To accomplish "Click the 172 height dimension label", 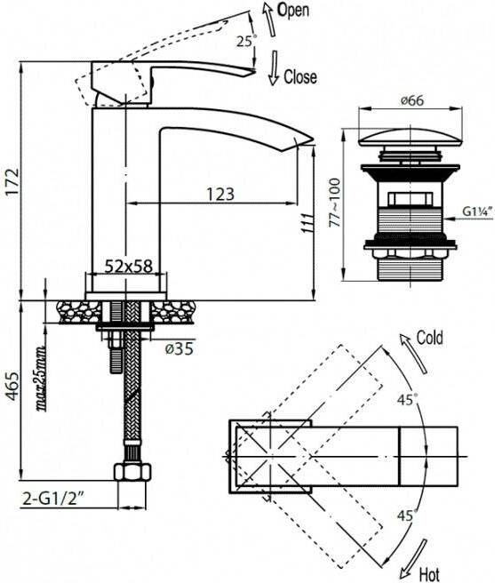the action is (x=12, y=182).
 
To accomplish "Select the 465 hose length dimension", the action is (x=12, y=386).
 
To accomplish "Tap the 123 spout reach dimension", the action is (x=220, y=194).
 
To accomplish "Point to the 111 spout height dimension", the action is (x=307, y=223).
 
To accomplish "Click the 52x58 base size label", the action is (x=129, y=267).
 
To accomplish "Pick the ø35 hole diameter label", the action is (x=180, y=348).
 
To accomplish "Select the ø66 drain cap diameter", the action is (x=412, y=100).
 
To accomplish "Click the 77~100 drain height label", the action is (x=335, y=203).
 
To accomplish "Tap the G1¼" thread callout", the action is (x=477, y=212).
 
